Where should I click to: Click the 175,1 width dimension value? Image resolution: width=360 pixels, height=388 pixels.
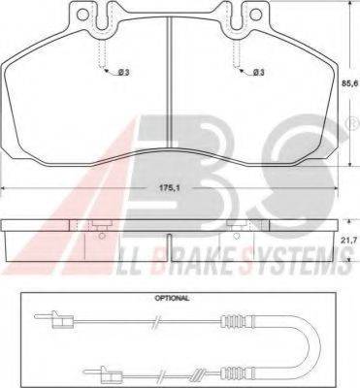click(169, 188)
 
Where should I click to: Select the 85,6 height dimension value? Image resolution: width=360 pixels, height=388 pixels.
click(351, 83)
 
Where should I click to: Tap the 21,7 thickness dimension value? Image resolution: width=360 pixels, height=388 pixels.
click(351, 241)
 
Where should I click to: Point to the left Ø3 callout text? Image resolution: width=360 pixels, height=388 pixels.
click(123, 73)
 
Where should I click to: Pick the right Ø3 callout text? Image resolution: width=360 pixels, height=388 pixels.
click(258, 73)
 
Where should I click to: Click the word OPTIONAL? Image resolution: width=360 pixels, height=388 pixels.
click(172, 298)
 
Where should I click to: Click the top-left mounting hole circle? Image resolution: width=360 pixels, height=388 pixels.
click(83, 14)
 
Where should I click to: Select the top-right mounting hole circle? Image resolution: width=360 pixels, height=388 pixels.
click(257, 14)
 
